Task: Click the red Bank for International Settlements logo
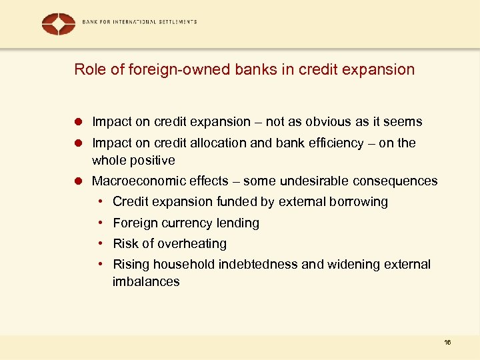click(x=59, y=24)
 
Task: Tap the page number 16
click(x=447, y=342)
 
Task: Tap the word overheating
click(x=192, y=243)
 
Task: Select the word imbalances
click(x=146, y=281)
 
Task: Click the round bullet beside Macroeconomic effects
click(x=78, y=181)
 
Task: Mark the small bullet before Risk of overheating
click(x=99, y=243)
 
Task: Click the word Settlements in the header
click(x=175, y=22)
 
